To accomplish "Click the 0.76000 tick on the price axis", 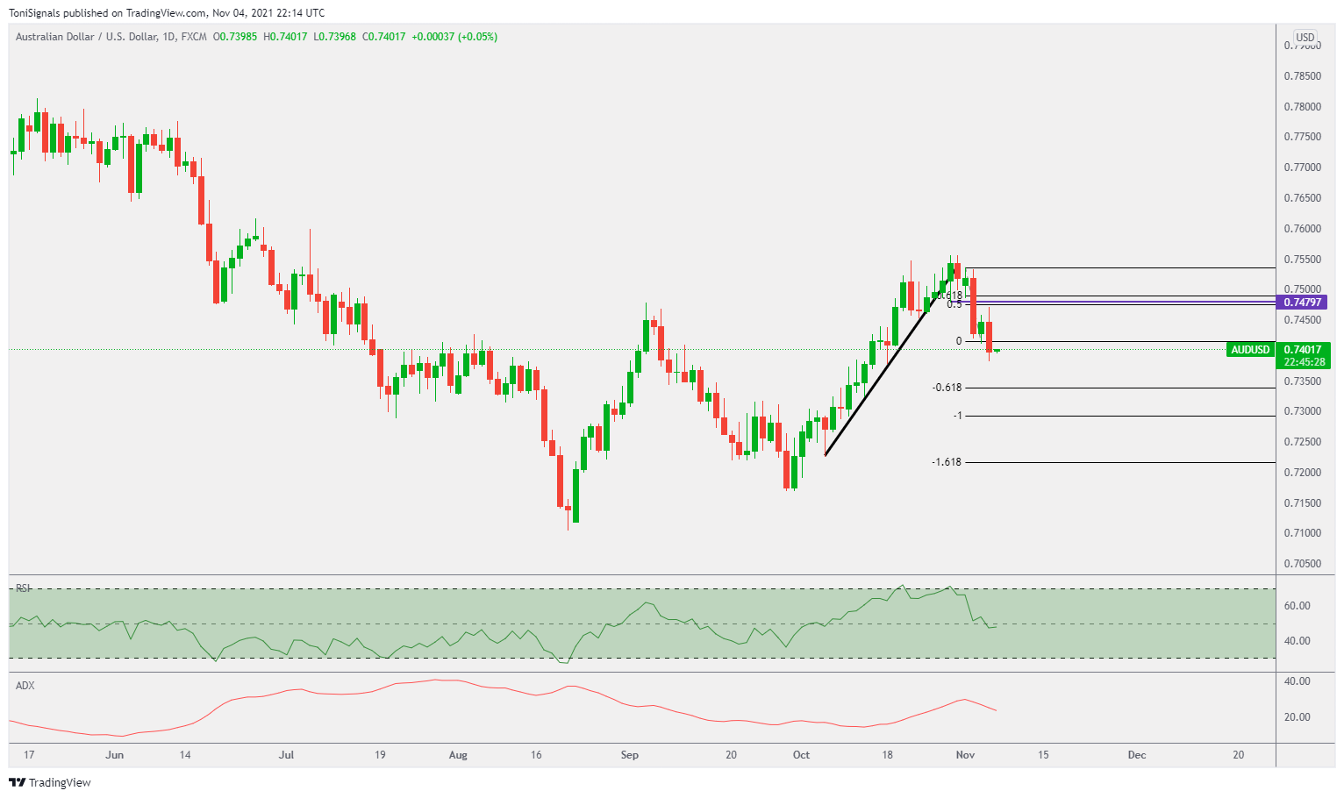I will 1302,229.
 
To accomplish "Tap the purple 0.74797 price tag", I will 1302,303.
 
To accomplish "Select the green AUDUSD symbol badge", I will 1250,350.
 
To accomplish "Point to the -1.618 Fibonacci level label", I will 947,462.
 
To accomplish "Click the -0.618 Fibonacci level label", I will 947,388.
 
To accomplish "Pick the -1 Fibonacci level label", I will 957,416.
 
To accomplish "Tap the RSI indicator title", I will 24,588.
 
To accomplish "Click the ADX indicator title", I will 25,686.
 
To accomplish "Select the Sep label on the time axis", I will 629,755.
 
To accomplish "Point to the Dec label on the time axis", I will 1137,755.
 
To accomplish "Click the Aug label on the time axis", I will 458,755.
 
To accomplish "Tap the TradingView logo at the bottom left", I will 50,782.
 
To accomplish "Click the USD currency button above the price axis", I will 1305,37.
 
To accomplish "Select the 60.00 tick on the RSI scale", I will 1297,606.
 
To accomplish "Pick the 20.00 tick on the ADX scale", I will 1297,717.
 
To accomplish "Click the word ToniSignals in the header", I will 34,13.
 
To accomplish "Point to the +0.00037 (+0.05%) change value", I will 454,37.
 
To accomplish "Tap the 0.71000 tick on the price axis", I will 1302,533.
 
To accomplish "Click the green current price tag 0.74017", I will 1303,350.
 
